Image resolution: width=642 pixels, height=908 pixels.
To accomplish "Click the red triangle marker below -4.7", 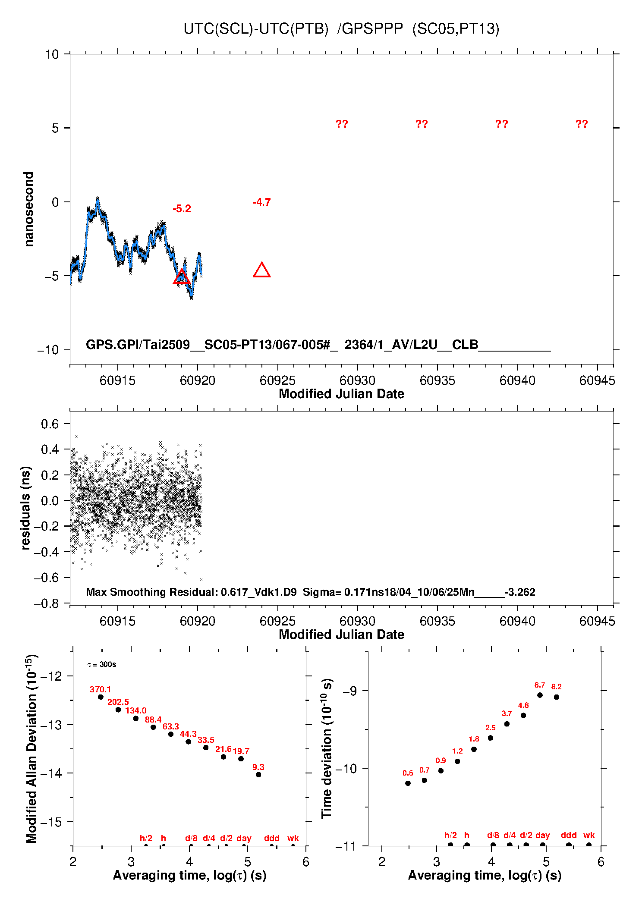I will [x=261, y=270].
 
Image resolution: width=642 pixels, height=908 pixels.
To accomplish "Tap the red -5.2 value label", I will [x=182, y=209].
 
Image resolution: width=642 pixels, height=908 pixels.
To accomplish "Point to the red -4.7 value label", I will [x=261, y=202].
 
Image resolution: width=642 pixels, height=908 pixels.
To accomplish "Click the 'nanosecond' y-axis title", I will [x=28, y=209].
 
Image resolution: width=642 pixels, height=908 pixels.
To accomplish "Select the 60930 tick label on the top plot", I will [x=357, y=380].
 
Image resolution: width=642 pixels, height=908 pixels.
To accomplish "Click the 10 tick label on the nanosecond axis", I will [x=52, y=54].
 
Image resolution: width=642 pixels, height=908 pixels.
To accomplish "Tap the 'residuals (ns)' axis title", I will [x=26, y=508].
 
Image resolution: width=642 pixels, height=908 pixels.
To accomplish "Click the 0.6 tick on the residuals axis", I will [x=50, y=424].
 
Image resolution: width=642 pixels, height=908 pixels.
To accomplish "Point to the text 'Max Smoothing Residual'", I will [x=151, y=592].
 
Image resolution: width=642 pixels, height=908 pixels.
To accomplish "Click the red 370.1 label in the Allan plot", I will [x=100, y=689].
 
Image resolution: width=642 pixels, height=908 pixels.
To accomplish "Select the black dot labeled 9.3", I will [x=258, y=775].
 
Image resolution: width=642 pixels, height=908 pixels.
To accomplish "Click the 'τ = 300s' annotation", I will [x=102, y=665].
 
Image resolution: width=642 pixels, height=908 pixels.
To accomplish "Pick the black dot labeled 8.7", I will [x=540, y=695].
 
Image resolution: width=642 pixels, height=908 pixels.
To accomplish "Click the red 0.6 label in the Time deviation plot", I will [x=408, y=773].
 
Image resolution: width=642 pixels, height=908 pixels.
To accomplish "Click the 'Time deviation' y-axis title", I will [x=327, y=748].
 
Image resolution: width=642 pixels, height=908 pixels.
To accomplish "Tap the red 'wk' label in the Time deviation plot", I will [x=589, y=835].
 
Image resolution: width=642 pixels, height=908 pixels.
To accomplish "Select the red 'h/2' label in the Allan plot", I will [x=146, y=838].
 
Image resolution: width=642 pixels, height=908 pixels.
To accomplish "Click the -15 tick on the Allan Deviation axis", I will [x=51, y=822].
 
